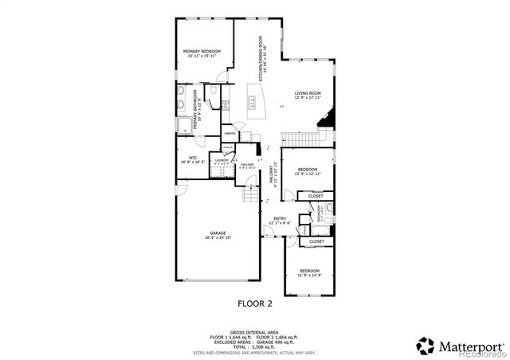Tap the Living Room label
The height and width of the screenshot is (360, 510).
pos(307,93)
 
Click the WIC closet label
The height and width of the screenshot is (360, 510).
pos(193,158)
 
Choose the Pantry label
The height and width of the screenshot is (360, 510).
pos(229,133)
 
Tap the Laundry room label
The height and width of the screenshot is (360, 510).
pos(222,160)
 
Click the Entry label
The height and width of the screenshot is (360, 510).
pos(280,218)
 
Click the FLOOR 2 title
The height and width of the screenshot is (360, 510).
pos(255,303)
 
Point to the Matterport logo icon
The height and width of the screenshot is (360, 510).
pos(425,346)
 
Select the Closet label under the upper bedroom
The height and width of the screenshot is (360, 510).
pos(316,196)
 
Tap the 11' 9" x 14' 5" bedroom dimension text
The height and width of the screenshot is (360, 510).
pos(310,276)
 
